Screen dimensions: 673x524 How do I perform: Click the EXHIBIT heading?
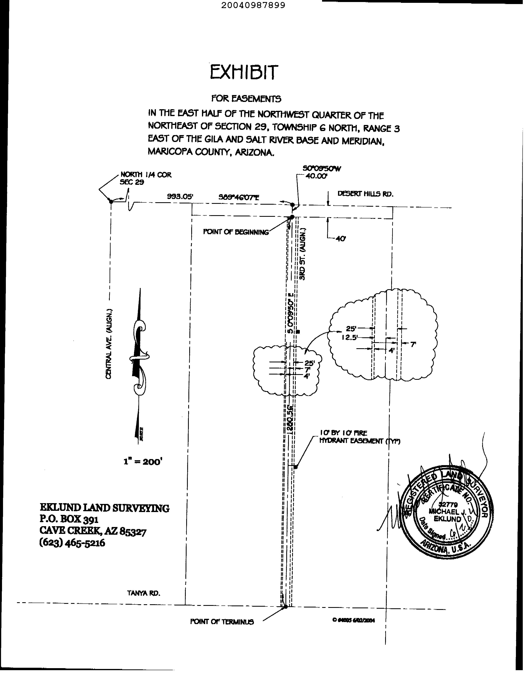[244, 72]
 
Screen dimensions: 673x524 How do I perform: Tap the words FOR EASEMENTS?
[246, 99]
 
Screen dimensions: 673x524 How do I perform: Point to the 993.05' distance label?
[180, 197]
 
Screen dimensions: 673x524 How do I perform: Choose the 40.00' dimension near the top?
[316, 176]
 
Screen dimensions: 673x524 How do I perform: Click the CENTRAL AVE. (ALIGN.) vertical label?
[108, 344]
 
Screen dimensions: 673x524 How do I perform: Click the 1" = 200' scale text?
[143, 462]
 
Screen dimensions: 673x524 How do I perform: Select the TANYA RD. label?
[144, 593]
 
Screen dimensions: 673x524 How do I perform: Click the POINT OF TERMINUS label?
[222, 622]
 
